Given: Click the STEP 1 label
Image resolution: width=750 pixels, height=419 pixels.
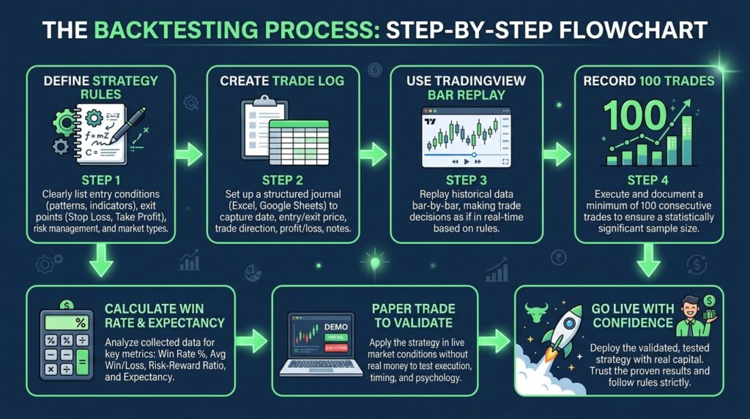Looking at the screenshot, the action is pyautogui.click(x=101, y=180).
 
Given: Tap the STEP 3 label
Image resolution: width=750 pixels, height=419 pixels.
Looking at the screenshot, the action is pyautogui.click(x=466, y=180).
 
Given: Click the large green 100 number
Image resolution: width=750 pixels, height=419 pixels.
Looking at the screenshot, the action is pyautogui.click(x=635, y=115).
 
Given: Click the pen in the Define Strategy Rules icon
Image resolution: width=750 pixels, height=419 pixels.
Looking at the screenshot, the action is pyautogui.click(x=127, y=125).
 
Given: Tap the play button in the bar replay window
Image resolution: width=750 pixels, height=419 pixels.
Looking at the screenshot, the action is pyautogui.click(x=467, y=162).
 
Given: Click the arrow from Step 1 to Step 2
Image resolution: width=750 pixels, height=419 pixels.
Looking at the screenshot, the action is pyautogui.click(x=189, y=155).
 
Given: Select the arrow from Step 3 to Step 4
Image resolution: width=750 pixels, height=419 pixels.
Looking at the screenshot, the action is pyautogui.click(x=557, y=155).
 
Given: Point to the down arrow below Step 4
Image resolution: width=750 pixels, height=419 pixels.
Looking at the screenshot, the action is pyautogui.click(x=649, y=260).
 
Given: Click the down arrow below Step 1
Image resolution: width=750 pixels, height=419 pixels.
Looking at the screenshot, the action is pyautogui.click(x=101, y=260).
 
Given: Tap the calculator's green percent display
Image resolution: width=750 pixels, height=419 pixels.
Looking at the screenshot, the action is pyautogui.click(x=67, y=323).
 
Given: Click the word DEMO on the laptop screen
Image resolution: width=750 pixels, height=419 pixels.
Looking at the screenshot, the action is pyautogui.click(x=335, y=327).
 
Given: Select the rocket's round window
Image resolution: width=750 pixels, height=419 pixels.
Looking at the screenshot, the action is pyautogui.click(x=569, y=323).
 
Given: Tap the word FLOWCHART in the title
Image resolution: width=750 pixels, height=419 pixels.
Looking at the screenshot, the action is pyautogui.click(x=634, y=30).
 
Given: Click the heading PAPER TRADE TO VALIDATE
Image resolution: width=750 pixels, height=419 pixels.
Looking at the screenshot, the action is pyautogui.click(x=413, y=316).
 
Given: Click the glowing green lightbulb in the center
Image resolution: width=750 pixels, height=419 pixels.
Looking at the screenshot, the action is pyautogui.click(x=376, y=262).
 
